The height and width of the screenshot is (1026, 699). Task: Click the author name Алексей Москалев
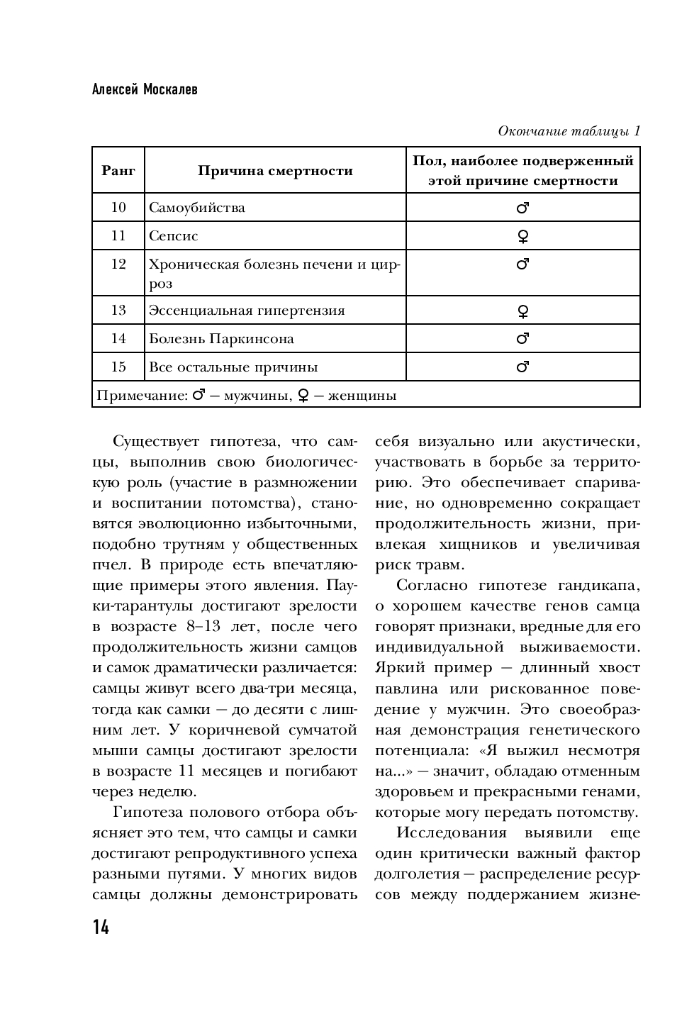[145, 90]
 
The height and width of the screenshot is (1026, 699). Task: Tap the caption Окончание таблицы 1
[569, 131]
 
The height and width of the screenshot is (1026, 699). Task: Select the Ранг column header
[118, 170]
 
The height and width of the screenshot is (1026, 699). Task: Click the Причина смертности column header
[275, 170]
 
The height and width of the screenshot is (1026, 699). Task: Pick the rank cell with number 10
[118, 207]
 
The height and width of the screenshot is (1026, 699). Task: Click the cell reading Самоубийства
[197, 208]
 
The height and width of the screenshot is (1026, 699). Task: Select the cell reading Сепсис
[174, 236]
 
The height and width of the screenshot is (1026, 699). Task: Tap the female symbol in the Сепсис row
[523, 237]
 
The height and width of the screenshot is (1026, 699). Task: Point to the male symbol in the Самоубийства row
[523, 208]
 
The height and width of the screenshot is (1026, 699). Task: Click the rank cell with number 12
[118, 264]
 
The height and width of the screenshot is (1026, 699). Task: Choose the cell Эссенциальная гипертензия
[247, 311]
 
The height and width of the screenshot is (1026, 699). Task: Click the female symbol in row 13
[523, 311]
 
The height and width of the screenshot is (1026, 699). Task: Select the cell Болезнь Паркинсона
[221, 339]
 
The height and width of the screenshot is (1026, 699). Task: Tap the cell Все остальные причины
[233, 367]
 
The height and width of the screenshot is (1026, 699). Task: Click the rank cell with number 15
[118, 367]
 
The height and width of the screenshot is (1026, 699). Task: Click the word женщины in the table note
[362, 396]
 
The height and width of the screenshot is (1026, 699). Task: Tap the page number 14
[101, 927]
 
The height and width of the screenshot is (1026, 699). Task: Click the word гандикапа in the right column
[600, 585]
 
